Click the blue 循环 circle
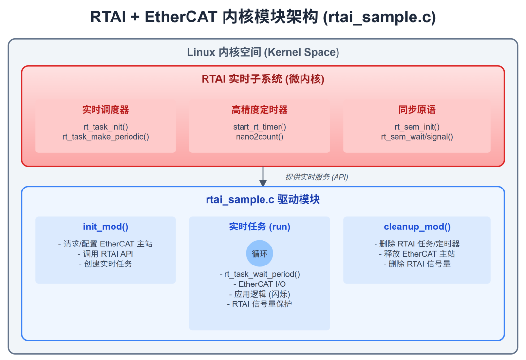(260, 253)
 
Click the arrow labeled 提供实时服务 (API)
(263, 177)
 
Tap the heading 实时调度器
(105, 110)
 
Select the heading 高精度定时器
(260, 110)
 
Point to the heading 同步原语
(417, 110)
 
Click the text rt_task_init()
(105, 127)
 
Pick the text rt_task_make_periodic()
(105, 137)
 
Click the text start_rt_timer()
(260, 127)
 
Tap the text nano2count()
(260, 137)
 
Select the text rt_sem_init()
(417, 127)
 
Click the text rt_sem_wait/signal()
(417, 137)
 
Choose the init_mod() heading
(105, 227)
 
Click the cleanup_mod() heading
(417, 227)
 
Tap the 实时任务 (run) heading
(260, 227)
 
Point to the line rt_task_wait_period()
(260, 274)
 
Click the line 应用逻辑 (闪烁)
(260, 294)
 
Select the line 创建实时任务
(105, 264)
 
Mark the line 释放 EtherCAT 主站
(417, 253)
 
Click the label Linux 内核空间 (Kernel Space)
(263, 52)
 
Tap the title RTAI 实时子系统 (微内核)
(263, 79)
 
